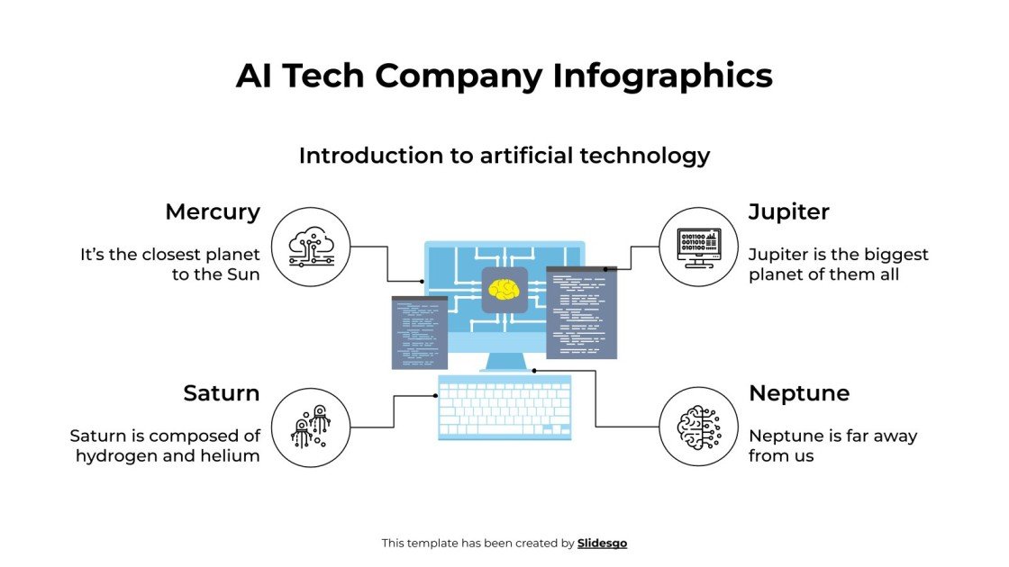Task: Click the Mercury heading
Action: pos(212,212)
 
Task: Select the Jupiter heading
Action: pos(788,212)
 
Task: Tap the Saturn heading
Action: pos(221,393)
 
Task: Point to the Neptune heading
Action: pos(798,393)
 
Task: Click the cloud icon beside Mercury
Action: pos(311,247)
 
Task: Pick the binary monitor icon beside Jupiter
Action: pos(698,247)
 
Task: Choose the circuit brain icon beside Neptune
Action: pos(698,427)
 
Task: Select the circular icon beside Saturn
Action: pos(311,427)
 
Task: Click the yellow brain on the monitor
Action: pos(504,290)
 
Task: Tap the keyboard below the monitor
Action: pos(504,408)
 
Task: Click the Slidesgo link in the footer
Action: pos(602,544)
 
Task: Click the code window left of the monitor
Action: pos(420,332)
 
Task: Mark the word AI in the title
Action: pos(255,76)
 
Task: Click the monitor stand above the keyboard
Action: pos(504,362)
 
